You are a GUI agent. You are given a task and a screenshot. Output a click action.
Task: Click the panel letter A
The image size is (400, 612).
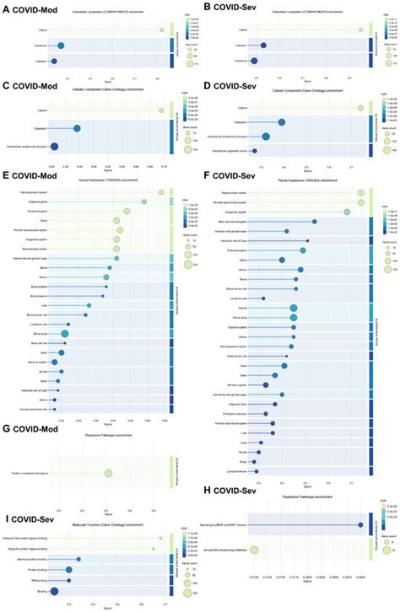click(7, 8)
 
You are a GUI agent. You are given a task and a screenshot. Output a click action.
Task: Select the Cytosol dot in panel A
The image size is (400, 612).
click(161, 30)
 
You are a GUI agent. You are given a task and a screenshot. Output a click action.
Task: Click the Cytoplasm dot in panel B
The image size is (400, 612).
click(263, 46)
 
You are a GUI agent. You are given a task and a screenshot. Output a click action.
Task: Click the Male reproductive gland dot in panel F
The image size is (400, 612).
click(315, 221)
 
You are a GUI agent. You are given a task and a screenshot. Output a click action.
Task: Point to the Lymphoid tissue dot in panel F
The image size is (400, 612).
click(255, 472)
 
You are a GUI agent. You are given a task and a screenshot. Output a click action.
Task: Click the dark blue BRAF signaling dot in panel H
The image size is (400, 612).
click(360, 524)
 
